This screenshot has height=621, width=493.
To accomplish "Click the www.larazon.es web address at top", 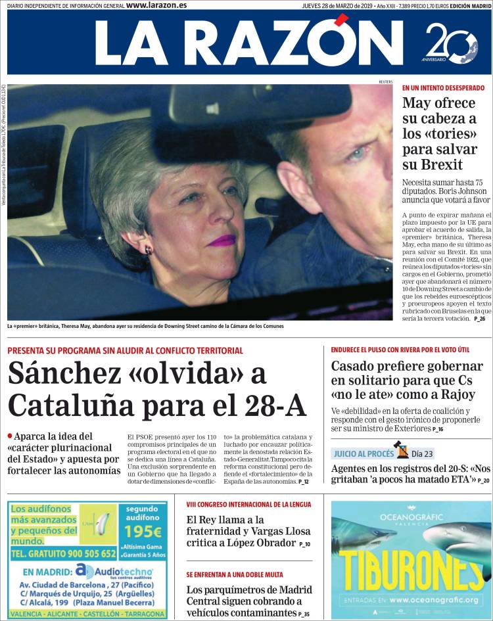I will [156, 5].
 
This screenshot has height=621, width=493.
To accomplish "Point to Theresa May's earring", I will [149, 250].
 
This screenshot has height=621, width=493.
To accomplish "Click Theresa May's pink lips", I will [222, 241].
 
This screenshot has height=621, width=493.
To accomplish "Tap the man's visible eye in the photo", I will [357, 154].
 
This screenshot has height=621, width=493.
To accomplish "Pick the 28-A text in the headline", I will [276, 405].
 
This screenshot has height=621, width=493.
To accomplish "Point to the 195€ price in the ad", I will [143, 532].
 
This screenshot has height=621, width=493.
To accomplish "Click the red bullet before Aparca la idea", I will [10, 435].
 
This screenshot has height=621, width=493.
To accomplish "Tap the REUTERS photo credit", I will [386, 81].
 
